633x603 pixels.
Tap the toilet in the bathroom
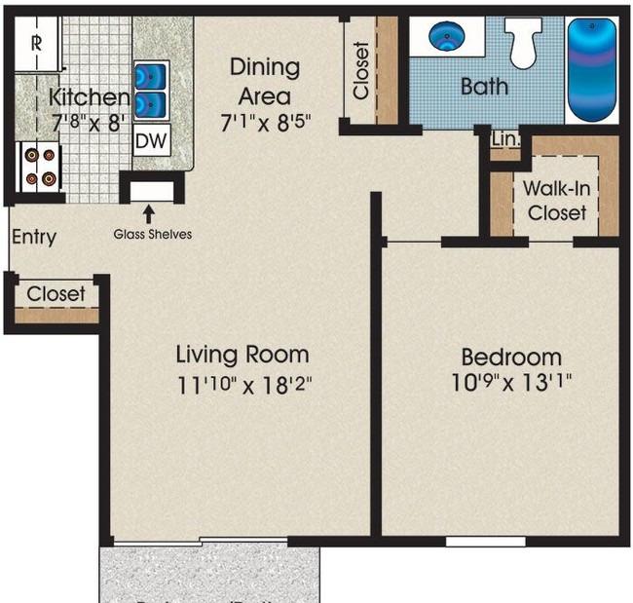coord(526,45)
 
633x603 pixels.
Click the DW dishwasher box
coord(151,141)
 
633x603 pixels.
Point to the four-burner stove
coord(38,166)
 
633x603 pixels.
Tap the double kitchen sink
coord(151,89)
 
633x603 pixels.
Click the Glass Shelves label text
coord(152,234)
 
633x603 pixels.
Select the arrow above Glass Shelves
coord(149,212)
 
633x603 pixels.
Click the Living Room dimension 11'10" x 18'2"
coord(242,384)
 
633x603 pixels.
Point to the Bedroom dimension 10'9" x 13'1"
coord(511,381)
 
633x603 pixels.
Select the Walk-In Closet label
coord(555,200)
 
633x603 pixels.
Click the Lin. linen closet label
coord(505,140)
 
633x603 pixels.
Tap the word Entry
coord(34,237)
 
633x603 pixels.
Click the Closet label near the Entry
coord(56,293)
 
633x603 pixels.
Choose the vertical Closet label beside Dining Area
coord(361,70)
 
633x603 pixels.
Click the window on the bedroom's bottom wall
coord(485,540)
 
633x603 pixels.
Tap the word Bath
coord(484,87)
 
